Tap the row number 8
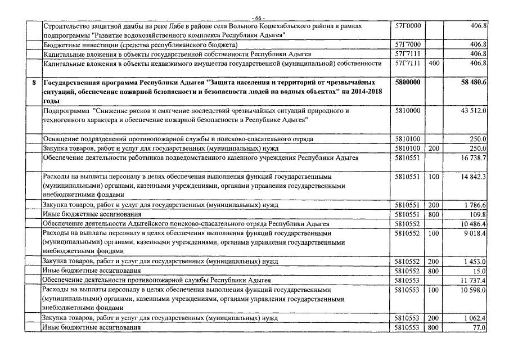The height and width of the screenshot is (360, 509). [x=34, y=82]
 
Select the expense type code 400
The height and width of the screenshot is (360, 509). [x=434, y=64]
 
